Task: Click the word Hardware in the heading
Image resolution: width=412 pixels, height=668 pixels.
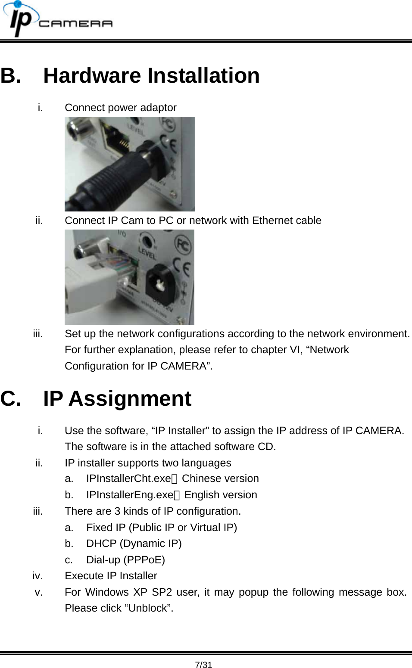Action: (92, 76)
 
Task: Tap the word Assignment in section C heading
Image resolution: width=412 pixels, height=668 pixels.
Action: (130, 399)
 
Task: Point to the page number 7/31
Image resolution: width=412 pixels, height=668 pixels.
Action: (203, 665)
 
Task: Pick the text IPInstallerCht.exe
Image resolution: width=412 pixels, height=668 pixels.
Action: (128, 478)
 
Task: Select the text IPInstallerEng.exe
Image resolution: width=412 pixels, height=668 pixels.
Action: (129, 495)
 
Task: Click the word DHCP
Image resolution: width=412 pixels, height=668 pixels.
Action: (101, 544)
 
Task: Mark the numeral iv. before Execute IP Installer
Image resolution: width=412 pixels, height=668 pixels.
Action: (37, 576)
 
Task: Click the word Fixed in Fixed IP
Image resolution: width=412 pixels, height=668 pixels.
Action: (99, 528)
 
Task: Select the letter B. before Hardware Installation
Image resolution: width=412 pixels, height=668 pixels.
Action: (11, 76)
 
